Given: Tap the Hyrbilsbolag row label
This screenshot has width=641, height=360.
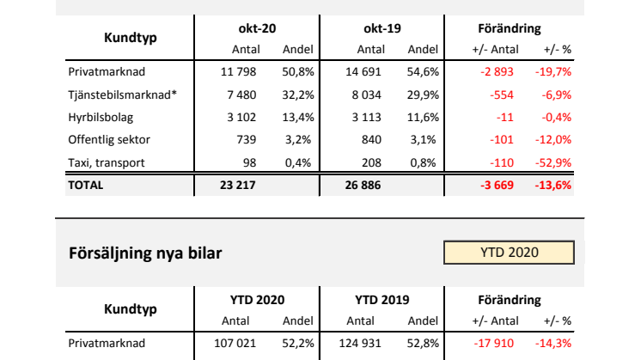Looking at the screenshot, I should (x=101, y=117).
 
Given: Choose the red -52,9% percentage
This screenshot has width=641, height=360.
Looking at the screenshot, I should (x=554, y=162).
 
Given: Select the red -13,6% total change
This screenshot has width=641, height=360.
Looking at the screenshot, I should (x=554, y=185).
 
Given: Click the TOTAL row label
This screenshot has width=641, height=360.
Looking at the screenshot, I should (x=85, y=185).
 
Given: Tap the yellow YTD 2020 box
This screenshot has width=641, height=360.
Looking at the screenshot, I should (x=510, y=253).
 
